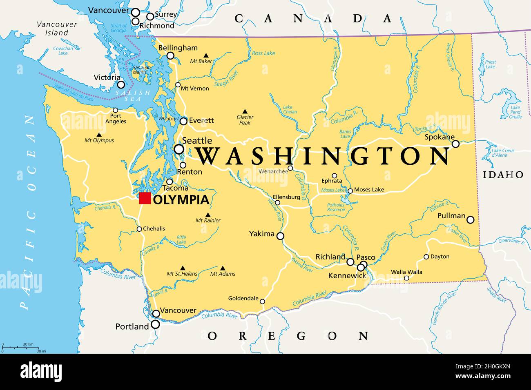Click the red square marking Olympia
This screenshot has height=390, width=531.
[x=145, y=198]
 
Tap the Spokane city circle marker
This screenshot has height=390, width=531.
[x=455, y=144]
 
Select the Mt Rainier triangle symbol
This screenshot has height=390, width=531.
[x=207, y=215]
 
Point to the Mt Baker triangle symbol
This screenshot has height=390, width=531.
[x=206, y=55]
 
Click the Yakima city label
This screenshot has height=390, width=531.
[x=262, y=234]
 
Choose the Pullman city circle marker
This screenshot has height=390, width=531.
[x=471, y=219]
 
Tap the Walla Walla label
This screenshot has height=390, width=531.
[x=406, y=272]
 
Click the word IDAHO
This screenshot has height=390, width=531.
[x=503, y=175]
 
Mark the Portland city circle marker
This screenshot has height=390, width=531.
[x=155, y=324]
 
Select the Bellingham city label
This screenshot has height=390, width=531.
[x=178, y=48]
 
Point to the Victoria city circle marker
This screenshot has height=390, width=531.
[x=121, y=85]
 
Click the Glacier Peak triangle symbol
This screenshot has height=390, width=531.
[x=245, y=111]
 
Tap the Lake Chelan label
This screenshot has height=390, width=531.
[x=290, y=109]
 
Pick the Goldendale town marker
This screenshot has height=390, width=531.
[x=262, y=301]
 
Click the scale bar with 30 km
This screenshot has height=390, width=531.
[x=18, y=347]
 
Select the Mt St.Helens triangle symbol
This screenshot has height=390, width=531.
[x=182, y=268]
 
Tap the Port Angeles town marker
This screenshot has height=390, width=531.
[x=115, y=110]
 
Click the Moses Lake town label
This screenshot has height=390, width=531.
[x=369, y=190]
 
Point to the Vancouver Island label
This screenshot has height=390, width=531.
[x=57, y=28]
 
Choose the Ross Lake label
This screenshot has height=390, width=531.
[x=263, y=53]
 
